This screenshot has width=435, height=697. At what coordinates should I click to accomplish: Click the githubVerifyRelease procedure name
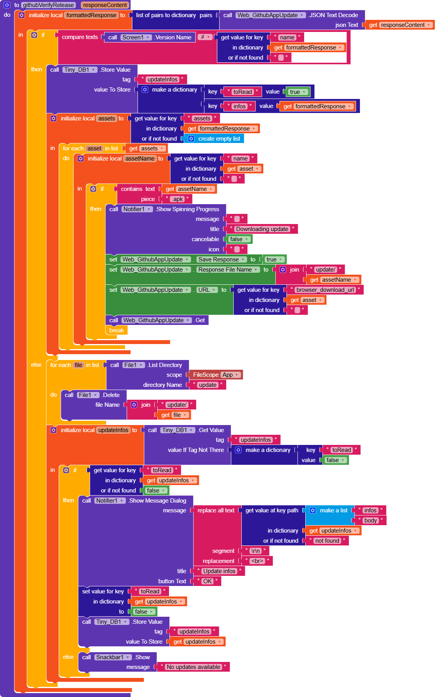click(48, 5)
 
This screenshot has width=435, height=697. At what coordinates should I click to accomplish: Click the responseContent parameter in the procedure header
click(105, 5)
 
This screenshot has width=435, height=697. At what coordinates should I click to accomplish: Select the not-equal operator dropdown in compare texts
click(205, 37)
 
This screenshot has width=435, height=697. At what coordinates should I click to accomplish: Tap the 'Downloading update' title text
click(262, 229)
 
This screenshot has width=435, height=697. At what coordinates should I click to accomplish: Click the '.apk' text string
click(178, 199)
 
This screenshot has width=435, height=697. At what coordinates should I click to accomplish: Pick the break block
click(116, 330)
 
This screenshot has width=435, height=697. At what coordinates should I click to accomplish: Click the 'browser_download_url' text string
click(325, 290)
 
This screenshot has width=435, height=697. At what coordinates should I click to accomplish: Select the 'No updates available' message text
click(193, 667)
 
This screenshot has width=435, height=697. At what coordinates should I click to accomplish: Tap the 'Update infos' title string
click(219, 571)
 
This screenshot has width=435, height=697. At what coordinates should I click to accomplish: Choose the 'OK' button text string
click(208, 581)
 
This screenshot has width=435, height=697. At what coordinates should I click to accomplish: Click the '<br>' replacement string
click(257, 561)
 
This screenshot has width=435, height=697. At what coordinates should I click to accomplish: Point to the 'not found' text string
click(327, 541)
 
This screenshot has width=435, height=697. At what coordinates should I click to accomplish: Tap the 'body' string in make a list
click(370, 521)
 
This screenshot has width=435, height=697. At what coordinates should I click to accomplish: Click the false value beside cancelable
click(239, 239)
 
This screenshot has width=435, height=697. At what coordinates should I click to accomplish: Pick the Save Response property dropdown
click(221, 259)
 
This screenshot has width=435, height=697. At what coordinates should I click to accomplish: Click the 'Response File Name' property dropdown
click(228, 270)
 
